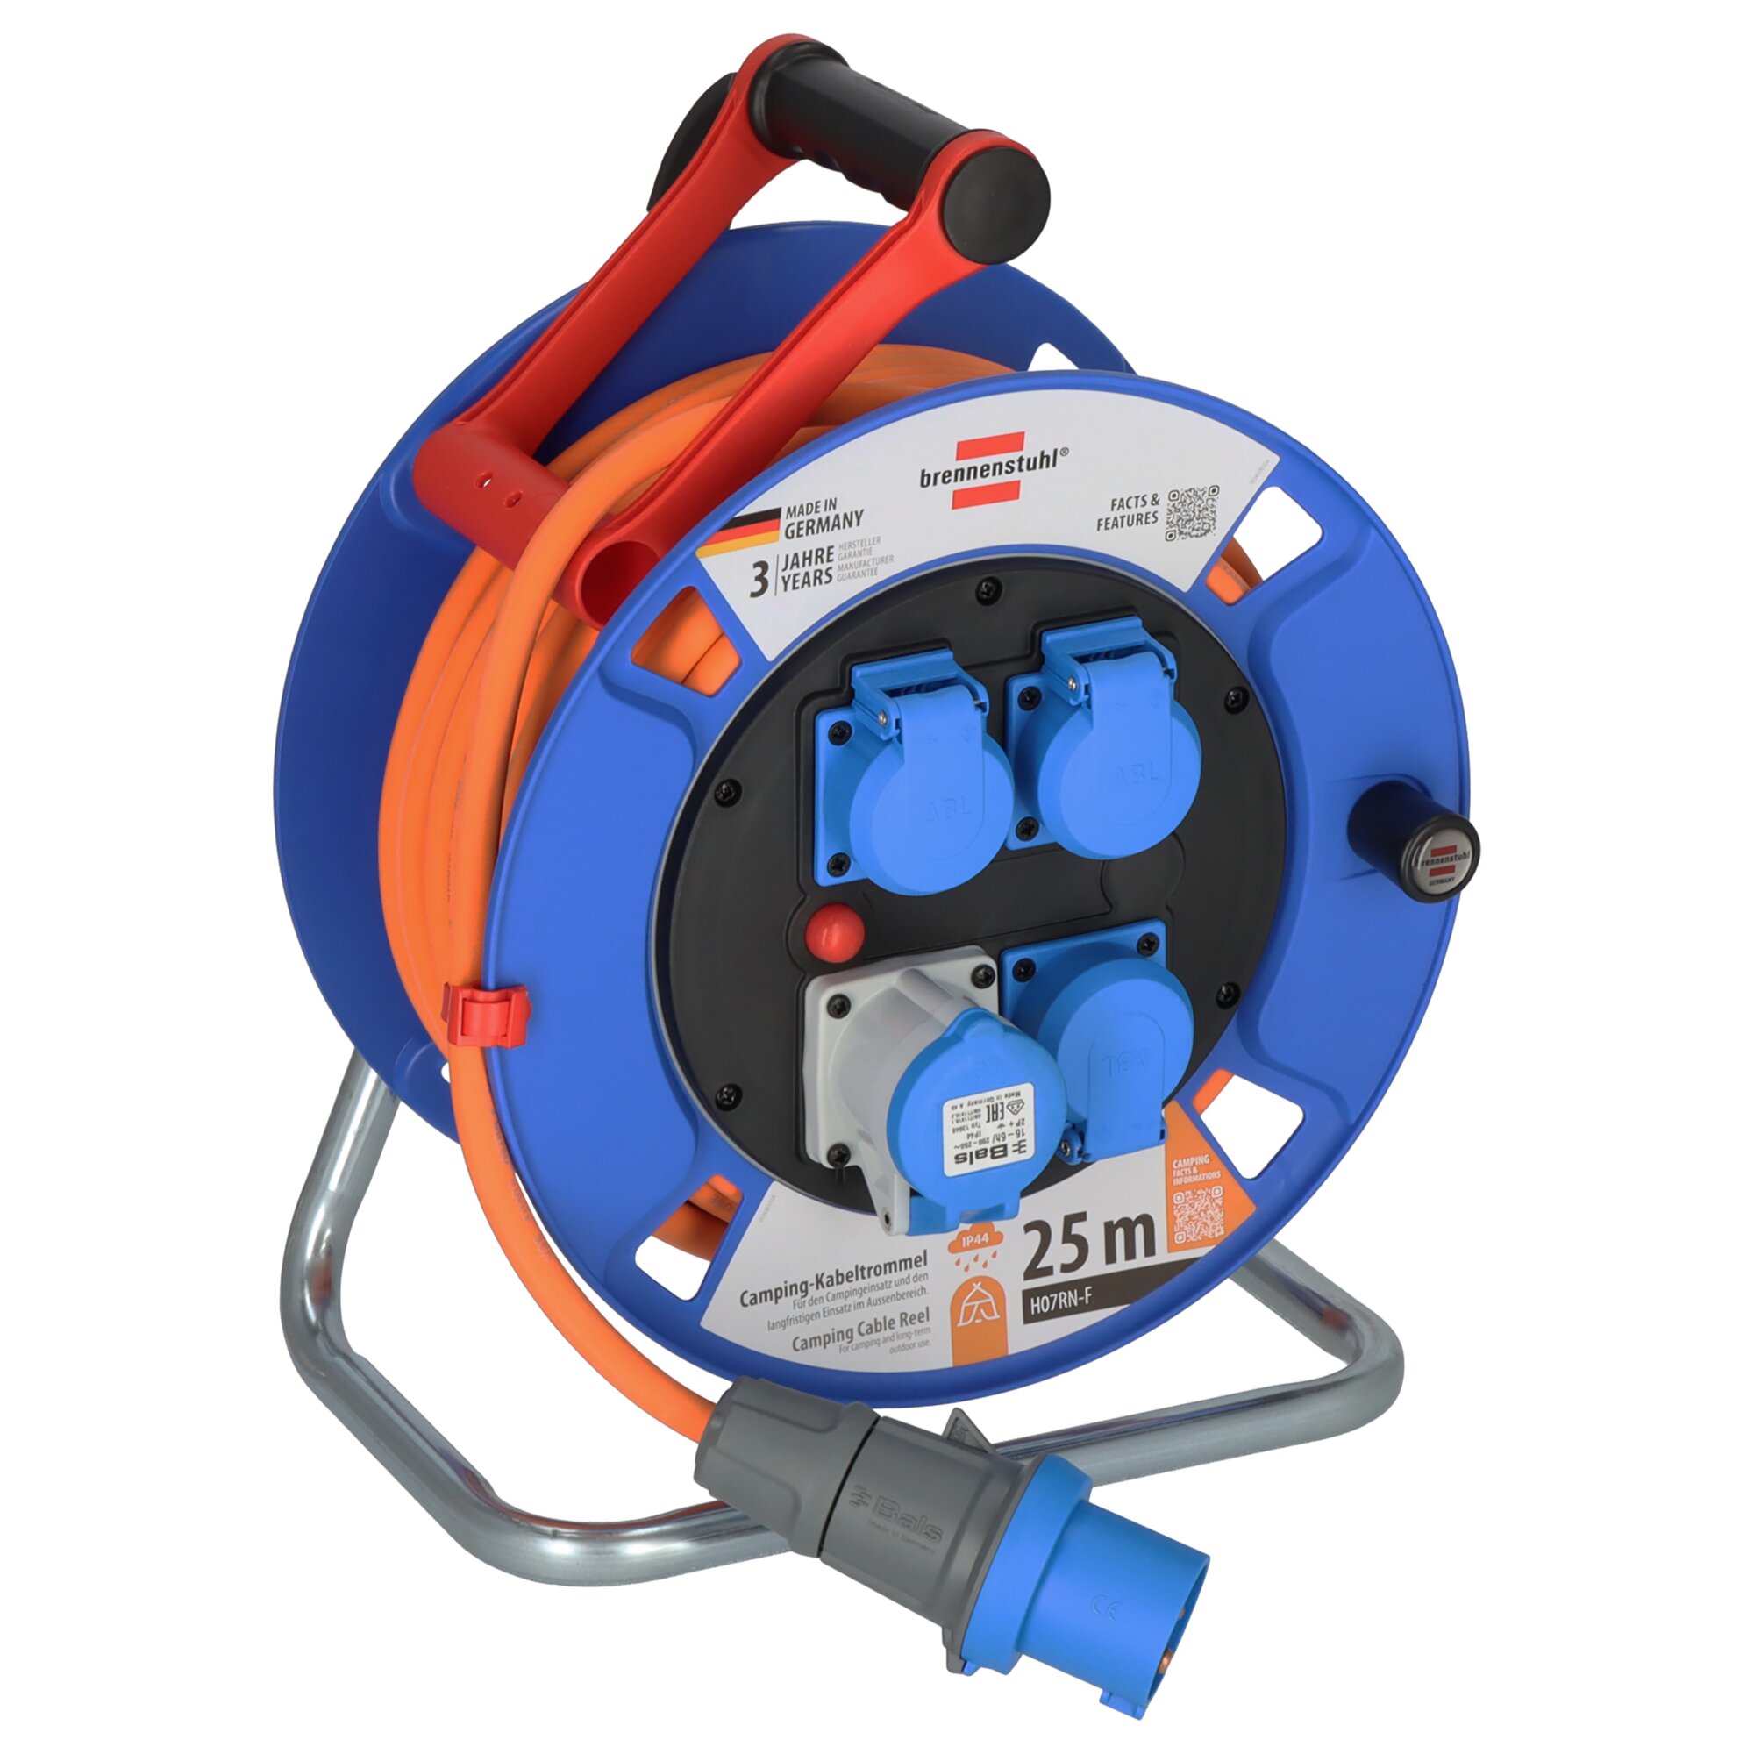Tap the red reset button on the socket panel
(x=832, y=930)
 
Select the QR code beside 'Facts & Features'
(x=1192, y=514)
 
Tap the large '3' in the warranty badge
(x=759, y=578)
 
